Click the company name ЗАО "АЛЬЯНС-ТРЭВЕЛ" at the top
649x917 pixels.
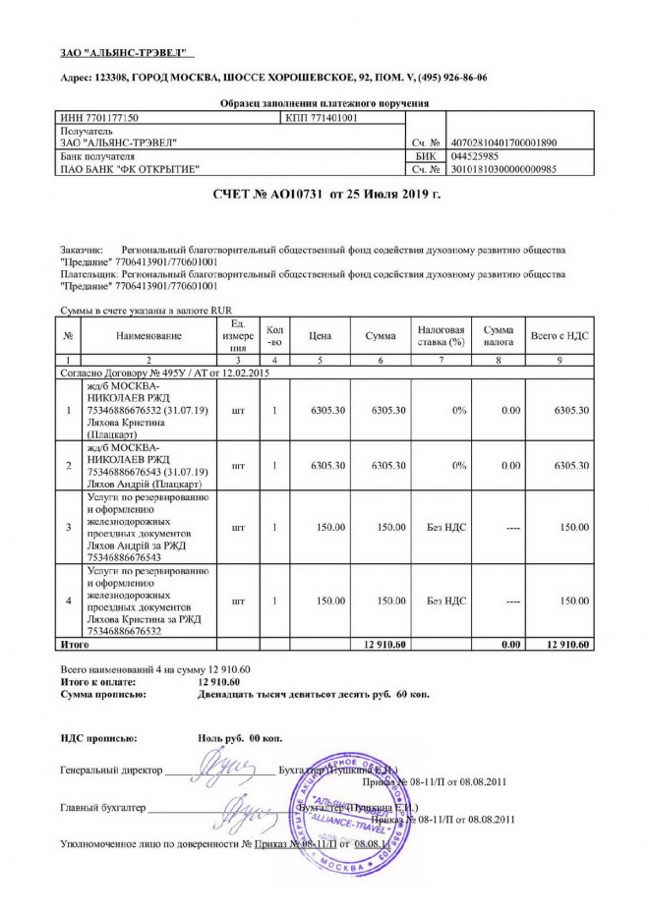click(122, 51)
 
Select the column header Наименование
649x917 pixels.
click(148, 336)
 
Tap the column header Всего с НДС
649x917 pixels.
click(560, 336)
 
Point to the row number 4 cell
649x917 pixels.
click(70, 601)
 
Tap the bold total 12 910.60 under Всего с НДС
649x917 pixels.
click(565, 644)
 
